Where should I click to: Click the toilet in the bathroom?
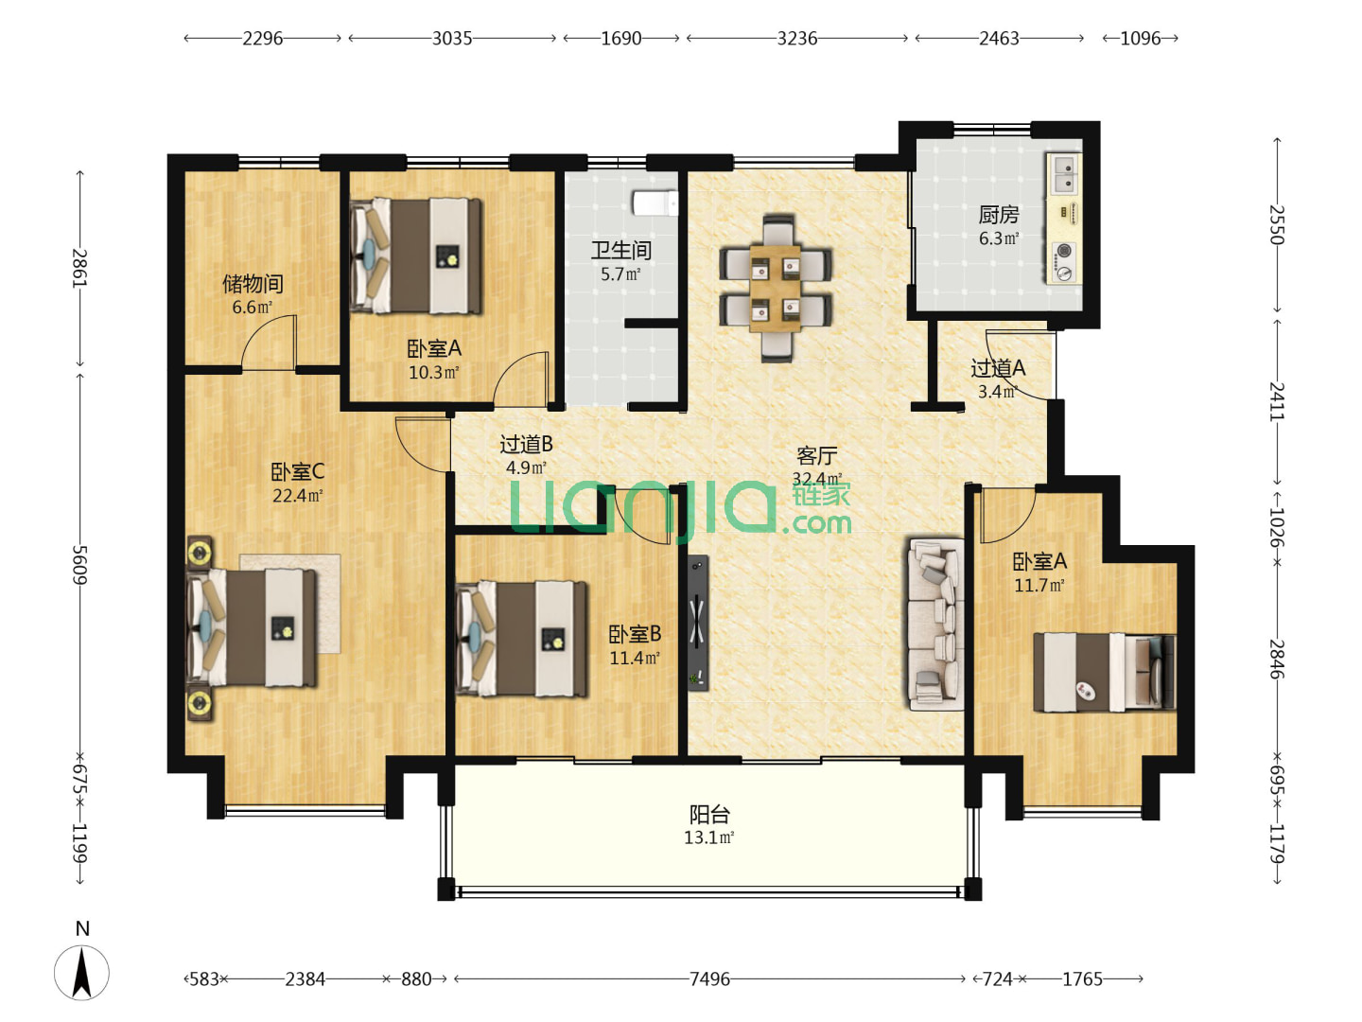[x=655, y=203]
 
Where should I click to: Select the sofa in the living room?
[x=935, y=624]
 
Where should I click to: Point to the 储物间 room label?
[x=253, y=284]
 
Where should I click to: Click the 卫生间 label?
[x=620, y=250]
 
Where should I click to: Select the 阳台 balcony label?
[x=709, y=814]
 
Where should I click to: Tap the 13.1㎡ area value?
[x=708, y=837]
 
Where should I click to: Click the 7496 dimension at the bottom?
[x=709, y=979]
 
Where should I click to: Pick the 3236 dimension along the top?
[x=796, y=39]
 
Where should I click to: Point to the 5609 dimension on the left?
[x=80, y=565]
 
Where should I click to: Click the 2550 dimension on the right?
[x=1276, y=224]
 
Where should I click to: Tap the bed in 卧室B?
[x=521, y=639]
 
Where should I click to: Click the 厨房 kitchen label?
[x=999, y=215]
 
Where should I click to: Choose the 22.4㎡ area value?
[x=298, y=496]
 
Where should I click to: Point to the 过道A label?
[x=998, y=369]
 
